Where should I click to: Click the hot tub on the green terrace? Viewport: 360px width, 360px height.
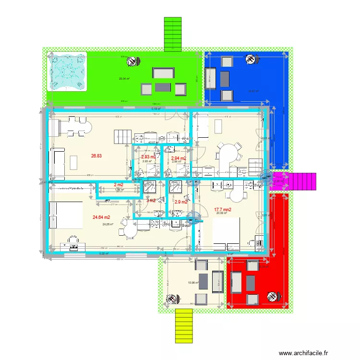[x=67, y=71]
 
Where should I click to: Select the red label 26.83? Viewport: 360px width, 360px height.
[x=96, y=156]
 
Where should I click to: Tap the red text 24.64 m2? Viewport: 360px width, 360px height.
[x=102, y=217]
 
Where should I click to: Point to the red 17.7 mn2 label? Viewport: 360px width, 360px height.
[x=223, y=210]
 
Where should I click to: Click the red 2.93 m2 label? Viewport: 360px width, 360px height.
[x=148, y=157]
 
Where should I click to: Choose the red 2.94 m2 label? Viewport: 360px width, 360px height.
[x=178, y=158]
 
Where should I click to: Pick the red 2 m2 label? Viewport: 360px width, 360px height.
[x=119, y=185]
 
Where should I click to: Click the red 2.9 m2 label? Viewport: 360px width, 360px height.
[x=180, y=202]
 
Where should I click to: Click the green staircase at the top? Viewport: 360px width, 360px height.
[x=172, y=34]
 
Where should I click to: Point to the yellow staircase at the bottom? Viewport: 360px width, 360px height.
[x=183, y=326]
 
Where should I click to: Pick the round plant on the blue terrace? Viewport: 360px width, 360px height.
[x=251, y=60]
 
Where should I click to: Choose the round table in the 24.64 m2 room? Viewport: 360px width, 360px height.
[x=130, y=231]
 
